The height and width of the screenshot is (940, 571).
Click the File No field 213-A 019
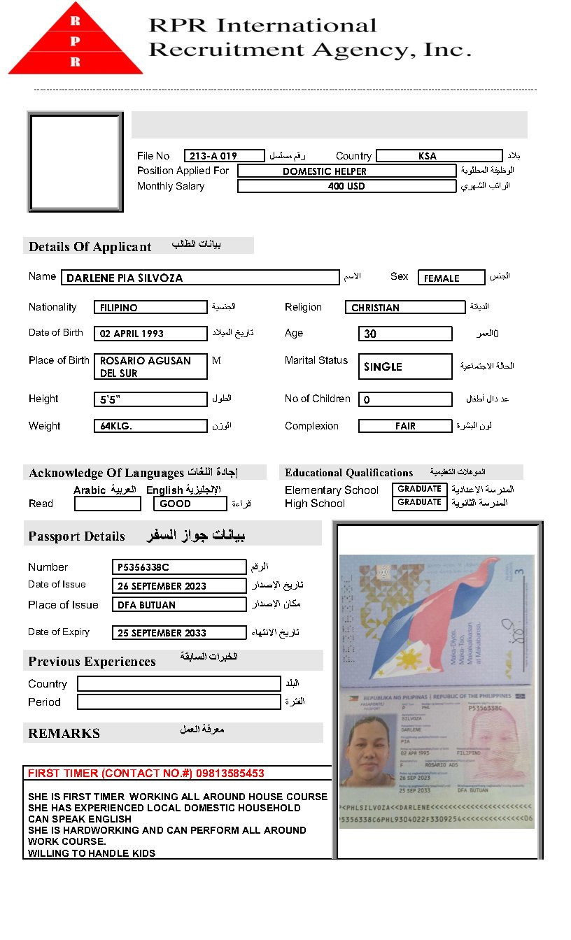coord(224,156)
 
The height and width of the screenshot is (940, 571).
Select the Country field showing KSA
coord(439,156)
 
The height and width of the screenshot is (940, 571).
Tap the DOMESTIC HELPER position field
coord(346,171)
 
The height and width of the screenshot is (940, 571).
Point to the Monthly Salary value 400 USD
coord(346,187)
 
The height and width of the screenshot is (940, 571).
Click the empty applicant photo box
coord(75,162)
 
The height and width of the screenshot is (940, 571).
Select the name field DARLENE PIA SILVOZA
coord(199,278)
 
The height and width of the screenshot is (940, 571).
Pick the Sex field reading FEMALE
coord(451,278)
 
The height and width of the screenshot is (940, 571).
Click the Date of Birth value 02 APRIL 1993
coord(150,334)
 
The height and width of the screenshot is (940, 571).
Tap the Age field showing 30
coord(404,334)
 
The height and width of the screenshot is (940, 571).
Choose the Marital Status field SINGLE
coord(404,366)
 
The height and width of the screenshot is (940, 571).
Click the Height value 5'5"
coord(150,400)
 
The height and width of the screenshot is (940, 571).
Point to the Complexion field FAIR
coord(404,426)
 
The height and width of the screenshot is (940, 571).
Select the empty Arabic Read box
coord(107,504)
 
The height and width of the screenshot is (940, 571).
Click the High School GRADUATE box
coord(419,503)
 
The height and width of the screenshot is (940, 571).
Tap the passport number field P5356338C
coord(178,567)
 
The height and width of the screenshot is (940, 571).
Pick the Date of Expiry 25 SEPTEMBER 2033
coord(178,633)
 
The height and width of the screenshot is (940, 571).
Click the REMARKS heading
coord(64,734)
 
